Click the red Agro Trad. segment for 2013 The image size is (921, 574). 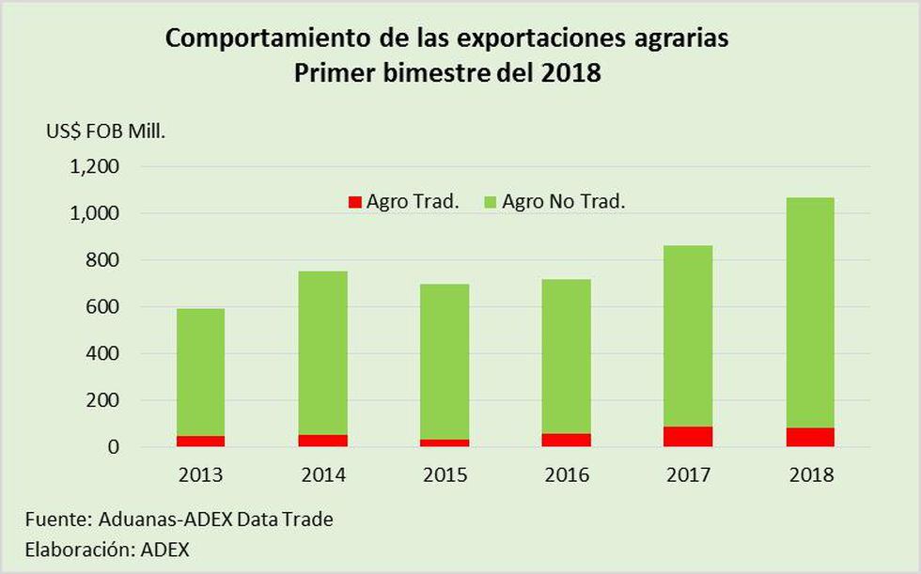click(x=201, y=441)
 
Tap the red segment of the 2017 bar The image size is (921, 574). click(x=688, y=437)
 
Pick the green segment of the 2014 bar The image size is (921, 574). click(x=323, y=352)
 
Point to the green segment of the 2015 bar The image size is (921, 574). click(x=445, y=362)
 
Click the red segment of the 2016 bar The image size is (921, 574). click(x=567, y=440)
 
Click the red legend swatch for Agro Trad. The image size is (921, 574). click(x=354, y=201)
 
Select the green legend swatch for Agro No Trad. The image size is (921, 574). click(x=490, y=201)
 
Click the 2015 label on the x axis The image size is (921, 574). click(x=445, y=475)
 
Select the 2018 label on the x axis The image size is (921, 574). click(x=810, y=475)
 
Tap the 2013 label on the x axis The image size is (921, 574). click(x=201, y=475)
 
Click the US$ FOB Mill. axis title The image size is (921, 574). click(x=106, y=132)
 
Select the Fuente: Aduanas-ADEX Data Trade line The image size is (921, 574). click(x=180, y=519)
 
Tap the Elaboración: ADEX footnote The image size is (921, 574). click(x=107, y=550)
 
